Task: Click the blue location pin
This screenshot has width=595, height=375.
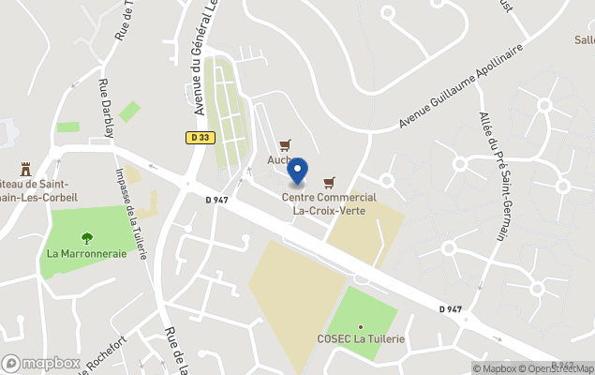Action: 297,172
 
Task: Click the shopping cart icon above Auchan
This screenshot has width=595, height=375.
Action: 285,144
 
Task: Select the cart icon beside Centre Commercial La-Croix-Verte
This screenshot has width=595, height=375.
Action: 328,182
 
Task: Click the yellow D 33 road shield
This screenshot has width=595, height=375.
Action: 199,137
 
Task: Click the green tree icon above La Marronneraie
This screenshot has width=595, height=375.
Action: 86,238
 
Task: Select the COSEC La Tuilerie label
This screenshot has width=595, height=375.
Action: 361,338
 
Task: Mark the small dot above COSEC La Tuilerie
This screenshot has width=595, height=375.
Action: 360,326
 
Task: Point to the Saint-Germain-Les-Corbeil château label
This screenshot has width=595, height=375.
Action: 37,191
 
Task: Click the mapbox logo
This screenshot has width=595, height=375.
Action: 41,363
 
